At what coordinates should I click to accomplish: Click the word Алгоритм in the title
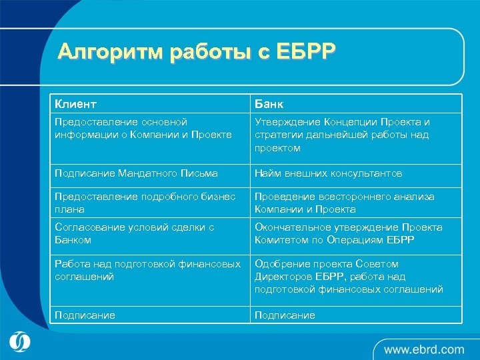tap(110, 52)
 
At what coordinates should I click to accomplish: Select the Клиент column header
tap(75, 104)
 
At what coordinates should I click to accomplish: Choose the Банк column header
tap(269, 104)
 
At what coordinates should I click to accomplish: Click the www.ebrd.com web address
tap(423, 349)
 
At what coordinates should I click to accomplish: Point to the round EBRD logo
tap(21, 341)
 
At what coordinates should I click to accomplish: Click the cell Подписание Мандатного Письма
tap(136, 173)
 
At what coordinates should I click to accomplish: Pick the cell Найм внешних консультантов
tap(329, 173)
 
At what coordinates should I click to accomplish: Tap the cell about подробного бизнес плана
tap(145, 203)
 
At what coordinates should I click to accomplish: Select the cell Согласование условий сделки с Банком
tap(134, 233)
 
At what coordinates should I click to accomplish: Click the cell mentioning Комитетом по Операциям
tap(348, 233)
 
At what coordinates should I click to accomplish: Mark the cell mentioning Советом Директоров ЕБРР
tap(349, 277)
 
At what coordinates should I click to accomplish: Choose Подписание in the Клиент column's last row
tap(85, 315)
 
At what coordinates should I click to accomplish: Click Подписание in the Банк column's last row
tap(285, 315)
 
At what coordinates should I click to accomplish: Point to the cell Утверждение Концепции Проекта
tap(342, 135)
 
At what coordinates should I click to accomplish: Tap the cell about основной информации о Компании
tap(143, 129)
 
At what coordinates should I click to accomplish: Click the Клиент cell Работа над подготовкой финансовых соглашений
tap(147, 270)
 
